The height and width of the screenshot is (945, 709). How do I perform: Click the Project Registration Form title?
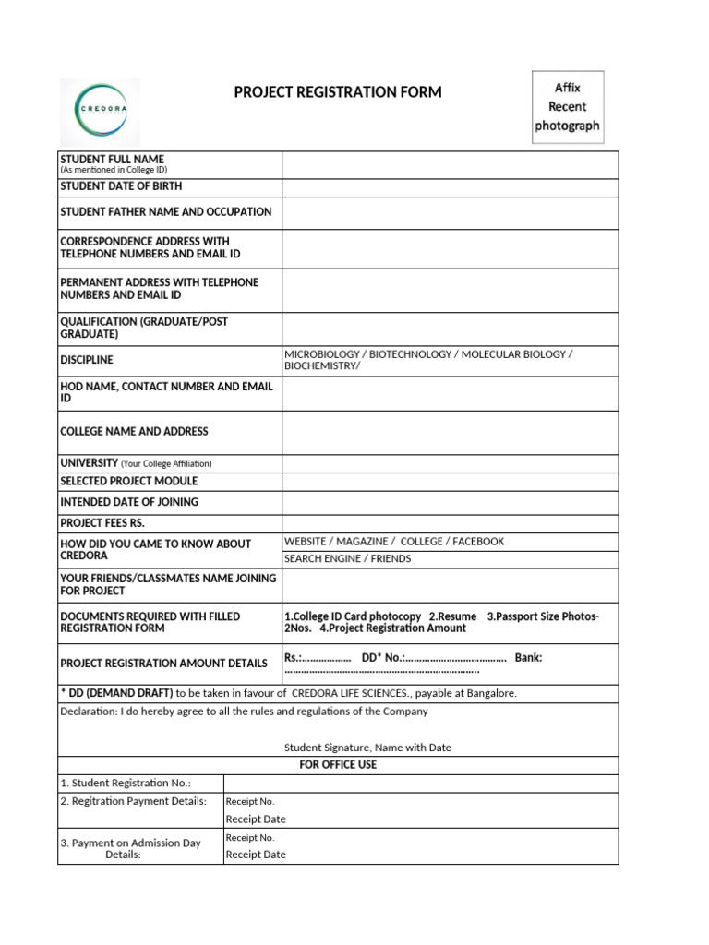[338, 92]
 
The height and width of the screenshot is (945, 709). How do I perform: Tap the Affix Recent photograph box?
[568, 107]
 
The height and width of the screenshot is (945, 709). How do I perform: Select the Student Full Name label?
[112, 160]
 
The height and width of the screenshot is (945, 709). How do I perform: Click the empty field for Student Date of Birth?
[450, 187]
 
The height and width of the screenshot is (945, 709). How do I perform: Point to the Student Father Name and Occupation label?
[166, 212]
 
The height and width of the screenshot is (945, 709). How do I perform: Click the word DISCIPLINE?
[87, 360]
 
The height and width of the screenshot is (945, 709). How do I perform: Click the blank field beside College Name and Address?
[450, 432]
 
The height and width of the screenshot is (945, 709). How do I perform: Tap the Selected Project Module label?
[128, 482]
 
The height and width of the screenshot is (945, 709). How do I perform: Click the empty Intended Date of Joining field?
[450, 503]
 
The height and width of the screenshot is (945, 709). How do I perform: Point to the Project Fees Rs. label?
[102, 523]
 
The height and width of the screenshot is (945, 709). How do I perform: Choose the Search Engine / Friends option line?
[348, 559]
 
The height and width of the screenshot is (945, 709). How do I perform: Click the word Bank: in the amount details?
[528, 658]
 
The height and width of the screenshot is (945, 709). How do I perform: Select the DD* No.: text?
[382, 658]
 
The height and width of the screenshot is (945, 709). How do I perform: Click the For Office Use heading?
[338, 765]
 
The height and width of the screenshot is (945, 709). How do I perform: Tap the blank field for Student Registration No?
[420, 784]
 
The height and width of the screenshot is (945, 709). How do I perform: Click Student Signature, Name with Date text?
[367, 748]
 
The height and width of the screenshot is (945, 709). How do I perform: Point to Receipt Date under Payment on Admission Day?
[256, 855]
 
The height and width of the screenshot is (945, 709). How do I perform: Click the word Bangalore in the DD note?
[493, 693]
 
